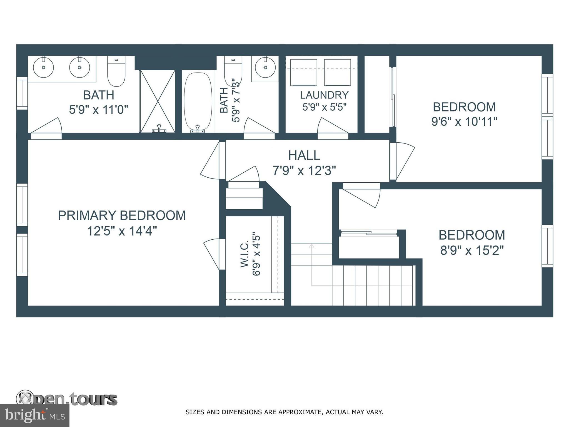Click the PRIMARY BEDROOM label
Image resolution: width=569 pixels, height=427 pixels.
(x=122, y=216)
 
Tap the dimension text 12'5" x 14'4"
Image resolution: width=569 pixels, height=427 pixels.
(x=122, y=231)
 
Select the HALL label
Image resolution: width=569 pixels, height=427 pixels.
(x=304, y=155)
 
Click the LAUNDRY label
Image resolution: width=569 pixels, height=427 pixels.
(x=324, y=95)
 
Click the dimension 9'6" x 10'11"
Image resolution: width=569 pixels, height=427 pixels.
(x=464, y=121)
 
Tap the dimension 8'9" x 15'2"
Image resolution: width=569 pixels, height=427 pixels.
(x=472, y=250)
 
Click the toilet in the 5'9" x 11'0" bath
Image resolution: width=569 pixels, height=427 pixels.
(x=116, y=71)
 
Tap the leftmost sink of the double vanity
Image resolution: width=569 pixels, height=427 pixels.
(x=43, y=67)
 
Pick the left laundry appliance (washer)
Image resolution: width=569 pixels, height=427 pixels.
(x=303, y=73)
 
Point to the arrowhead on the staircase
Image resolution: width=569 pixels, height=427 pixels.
(x=311, y=246)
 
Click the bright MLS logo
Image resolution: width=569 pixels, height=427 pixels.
(x=35, y=415)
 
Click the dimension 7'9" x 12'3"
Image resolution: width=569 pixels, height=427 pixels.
(x=304, y=171)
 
